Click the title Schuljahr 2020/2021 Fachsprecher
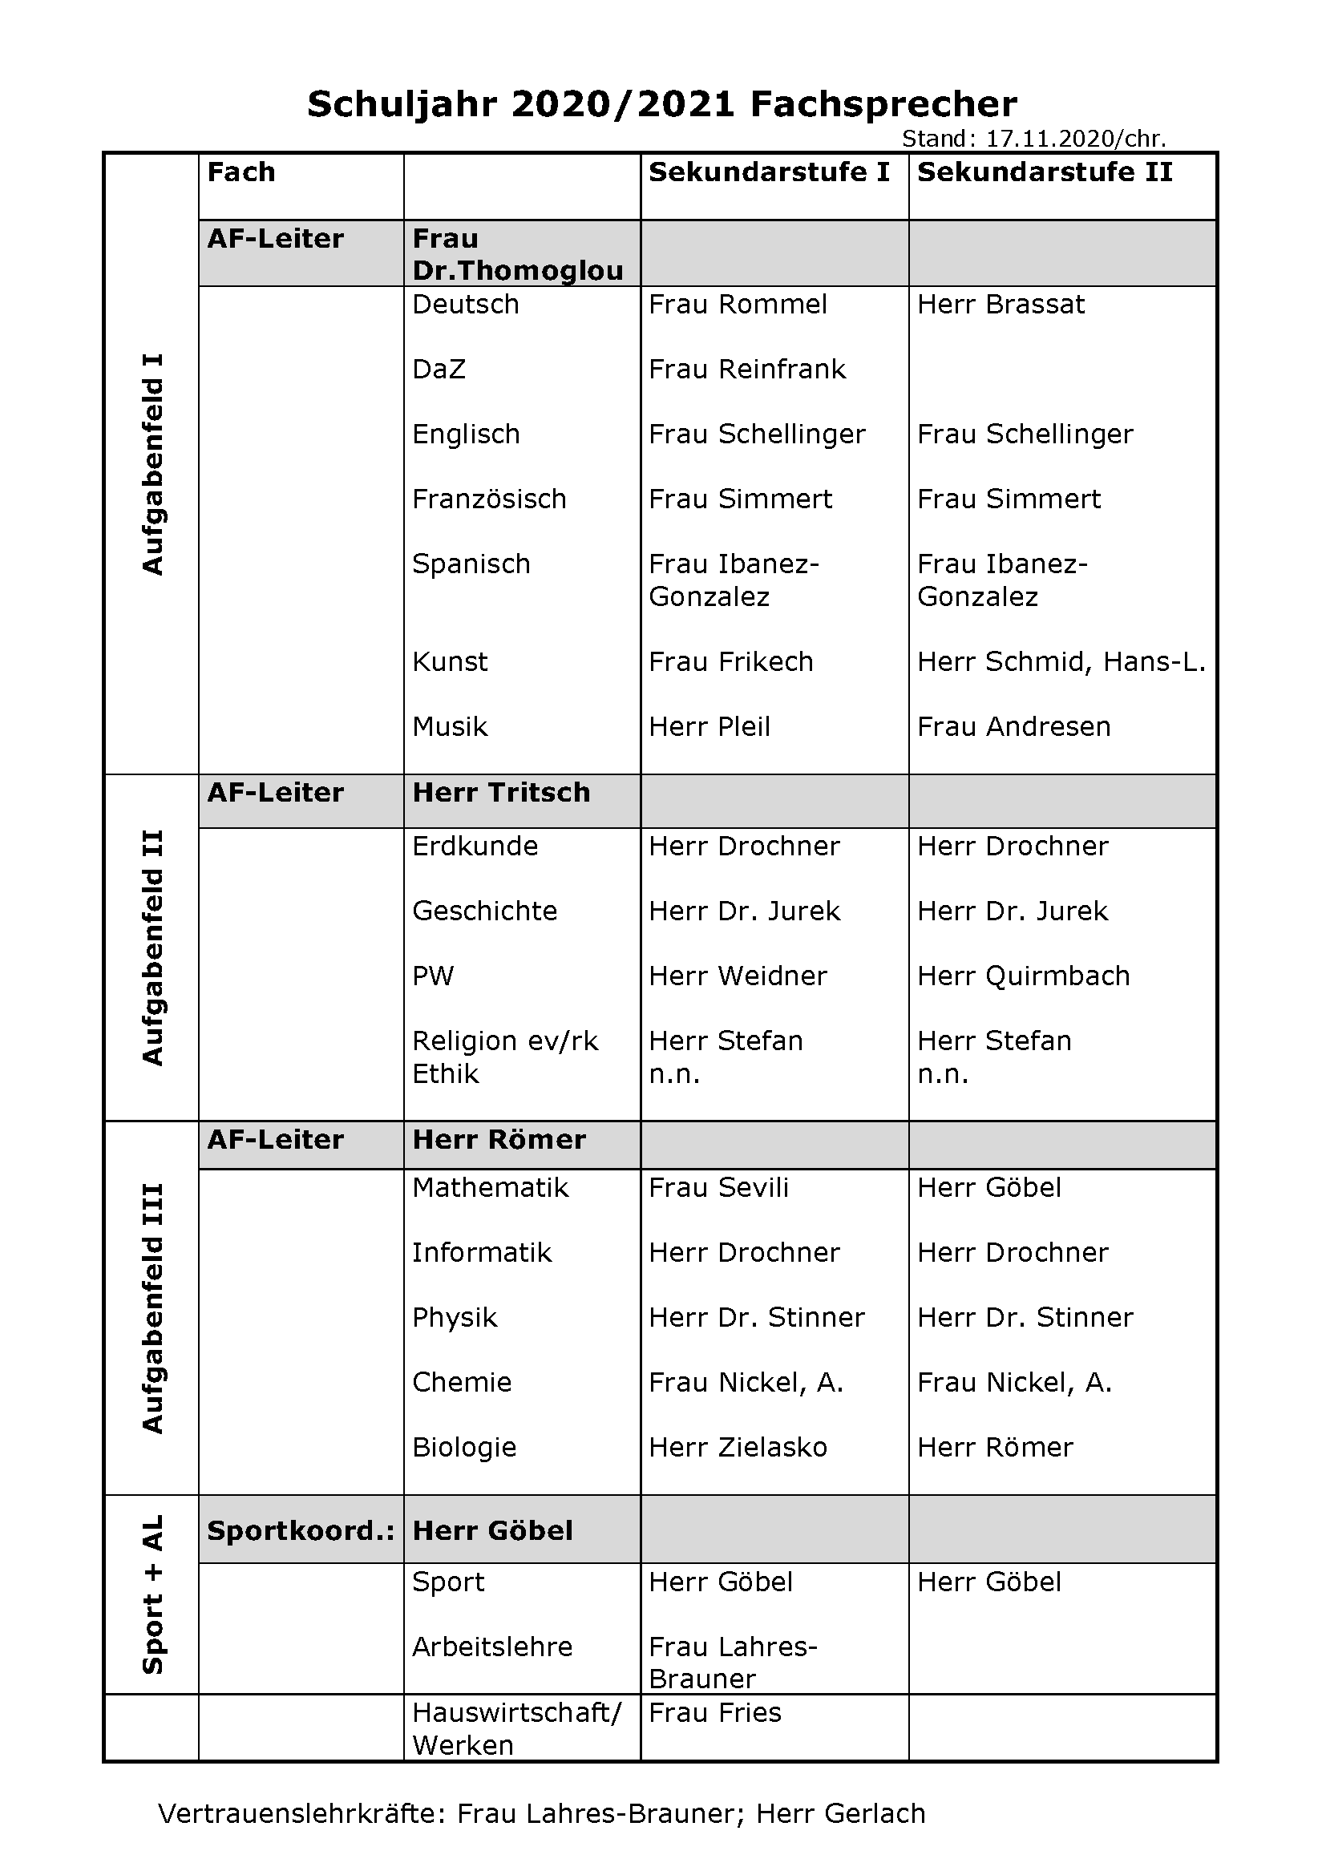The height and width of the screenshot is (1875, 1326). tap(661, 104)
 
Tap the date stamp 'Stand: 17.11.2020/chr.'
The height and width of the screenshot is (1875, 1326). tap(1033, 139)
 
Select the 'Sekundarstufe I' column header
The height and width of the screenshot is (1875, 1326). tap(768, 172)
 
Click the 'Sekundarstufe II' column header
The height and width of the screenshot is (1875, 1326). tap(1045, 172)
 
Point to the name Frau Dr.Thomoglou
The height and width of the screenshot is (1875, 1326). tap(517, 254)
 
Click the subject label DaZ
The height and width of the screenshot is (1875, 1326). tap(439, 369)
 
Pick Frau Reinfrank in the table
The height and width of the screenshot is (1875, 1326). tap(747, 369)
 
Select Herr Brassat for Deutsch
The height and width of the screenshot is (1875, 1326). tap(1001, 305)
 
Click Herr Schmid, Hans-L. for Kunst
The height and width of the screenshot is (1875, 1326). tap(1061, 661)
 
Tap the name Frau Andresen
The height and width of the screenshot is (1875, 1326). tap(1013, 727)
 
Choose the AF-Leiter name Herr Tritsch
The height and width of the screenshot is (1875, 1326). tap(500, 792)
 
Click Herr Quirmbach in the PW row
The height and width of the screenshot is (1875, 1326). tap(1023, 976)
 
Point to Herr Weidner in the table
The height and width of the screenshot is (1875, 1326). tap(738, 976)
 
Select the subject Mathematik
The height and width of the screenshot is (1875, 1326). tap(490, 1187)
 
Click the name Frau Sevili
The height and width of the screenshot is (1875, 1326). tap(718, 1187)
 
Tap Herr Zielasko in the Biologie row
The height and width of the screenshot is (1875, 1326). tap(738, 1447)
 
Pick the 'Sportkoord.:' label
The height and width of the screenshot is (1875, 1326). tap(301, 1530)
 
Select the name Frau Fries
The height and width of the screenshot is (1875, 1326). tap(714, 1712)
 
